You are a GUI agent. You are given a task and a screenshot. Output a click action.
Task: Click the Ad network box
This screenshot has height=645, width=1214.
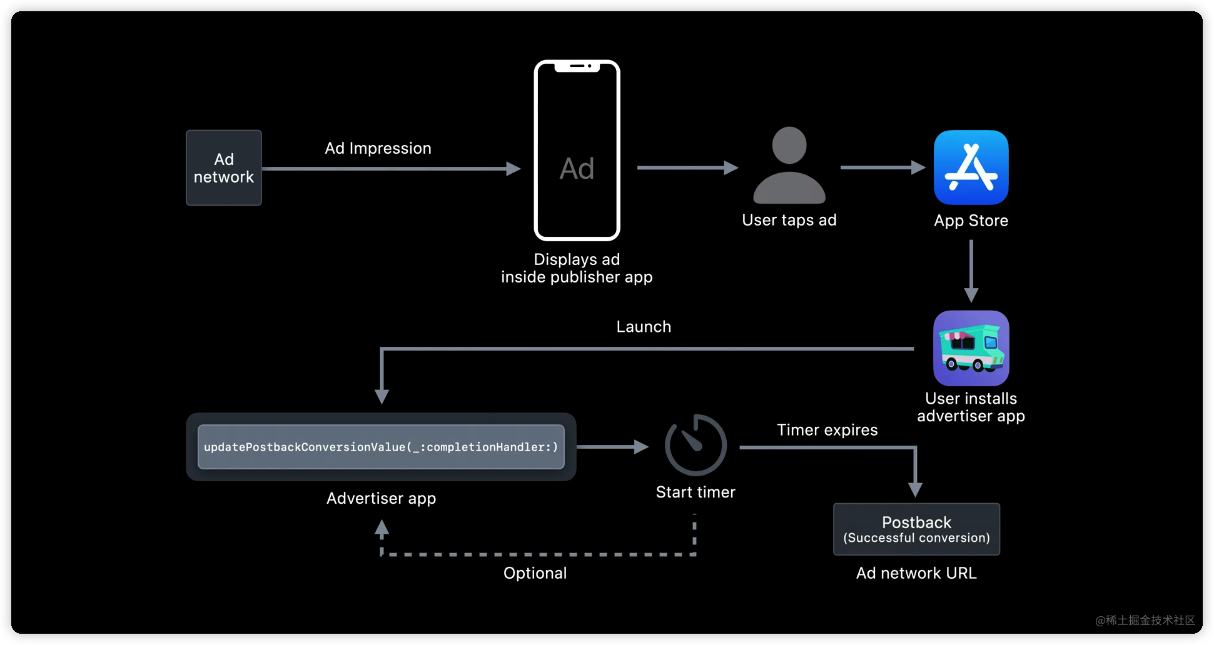[223, 167]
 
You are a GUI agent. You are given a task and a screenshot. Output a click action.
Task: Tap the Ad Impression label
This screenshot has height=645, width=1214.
[378, 148]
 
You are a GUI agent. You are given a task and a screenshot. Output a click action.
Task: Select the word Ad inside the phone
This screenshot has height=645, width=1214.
[577, 169]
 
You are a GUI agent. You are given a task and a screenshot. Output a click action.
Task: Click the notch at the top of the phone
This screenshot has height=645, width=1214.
[577, 66]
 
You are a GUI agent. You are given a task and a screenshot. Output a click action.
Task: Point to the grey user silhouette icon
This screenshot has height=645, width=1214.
[789, 166]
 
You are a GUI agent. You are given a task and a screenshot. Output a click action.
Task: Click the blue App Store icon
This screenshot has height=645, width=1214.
[971, 167]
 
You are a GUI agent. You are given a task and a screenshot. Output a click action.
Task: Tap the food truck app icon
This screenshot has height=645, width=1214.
[971, 348]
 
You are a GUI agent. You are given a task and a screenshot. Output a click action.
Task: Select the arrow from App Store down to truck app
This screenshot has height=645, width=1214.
[971, 271]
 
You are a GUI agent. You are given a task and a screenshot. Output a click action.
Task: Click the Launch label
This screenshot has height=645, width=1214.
[644, 327]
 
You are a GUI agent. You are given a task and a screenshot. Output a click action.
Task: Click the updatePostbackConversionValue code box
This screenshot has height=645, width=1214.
[381, 447]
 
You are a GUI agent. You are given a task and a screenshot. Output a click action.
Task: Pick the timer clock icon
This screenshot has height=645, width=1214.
[696, 446]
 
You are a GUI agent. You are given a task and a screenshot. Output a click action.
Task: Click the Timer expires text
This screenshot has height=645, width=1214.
[827, 430]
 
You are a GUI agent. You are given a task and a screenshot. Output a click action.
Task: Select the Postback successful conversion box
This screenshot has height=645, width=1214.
[916, 529]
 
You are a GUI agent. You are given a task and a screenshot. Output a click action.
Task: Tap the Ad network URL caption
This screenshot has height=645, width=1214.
[916, 573]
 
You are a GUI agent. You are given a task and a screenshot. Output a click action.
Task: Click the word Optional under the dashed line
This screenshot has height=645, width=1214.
[535, 573]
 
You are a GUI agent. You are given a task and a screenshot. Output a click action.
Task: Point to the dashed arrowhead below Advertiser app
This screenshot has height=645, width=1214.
[382, 529]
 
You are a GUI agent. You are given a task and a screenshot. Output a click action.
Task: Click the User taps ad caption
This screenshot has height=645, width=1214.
[789, 220]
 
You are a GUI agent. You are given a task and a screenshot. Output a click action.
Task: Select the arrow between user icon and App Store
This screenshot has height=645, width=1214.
[882, 167]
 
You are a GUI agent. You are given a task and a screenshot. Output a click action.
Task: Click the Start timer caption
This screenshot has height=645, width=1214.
[696, 492]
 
